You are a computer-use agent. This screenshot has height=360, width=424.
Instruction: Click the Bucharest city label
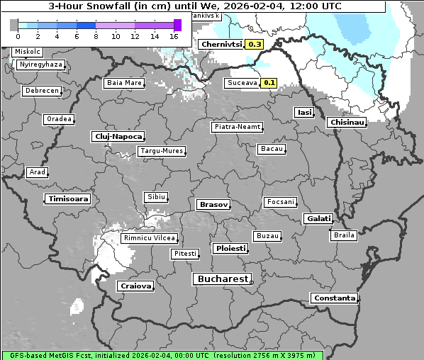pos(223,279)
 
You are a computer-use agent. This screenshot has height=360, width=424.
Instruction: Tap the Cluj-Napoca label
pos(118,136)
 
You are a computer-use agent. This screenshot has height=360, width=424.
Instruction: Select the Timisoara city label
pos(68,199)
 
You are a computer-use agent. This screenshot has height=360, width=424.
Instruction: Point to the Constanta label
pos(334,298)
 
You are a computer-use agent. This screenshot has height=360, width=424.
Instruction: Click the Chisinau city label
pos(347,123)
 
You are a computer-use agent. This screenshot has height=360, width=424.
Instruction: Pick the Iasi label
pos(303,112)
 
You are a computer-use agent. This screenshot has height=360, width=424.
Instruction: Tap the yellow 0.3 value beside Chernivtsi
pos(255,44)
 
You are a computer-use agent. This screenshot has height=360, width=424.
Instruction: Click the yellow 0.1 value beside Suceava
pos(269,83)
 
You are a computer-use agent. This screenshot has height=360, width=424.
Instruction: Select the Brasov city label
pos(213,204)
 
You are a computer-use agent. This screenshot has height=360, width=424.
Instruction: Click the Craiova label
pos(135,286)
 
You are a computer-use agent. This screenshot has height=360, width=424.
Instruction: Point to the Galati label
pos(316,219)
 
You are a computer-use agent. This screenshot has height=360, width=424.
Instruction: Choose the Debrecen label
pos(40,91)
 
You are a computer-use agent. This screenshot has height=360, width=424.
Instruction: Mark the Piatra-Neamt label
pos(237,127)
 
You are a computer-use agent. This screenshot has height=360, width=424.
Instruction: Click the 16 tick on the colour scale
pos(174,35)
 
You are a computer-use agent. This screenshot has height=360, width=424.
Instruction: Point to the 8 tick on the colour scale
pos(96,35)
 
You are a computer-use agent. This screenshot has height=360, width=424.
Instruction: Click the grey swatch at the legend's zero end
pos(13,25)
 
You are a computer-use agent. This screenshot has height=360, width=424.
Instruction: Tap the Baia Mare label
pos(123,83)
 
